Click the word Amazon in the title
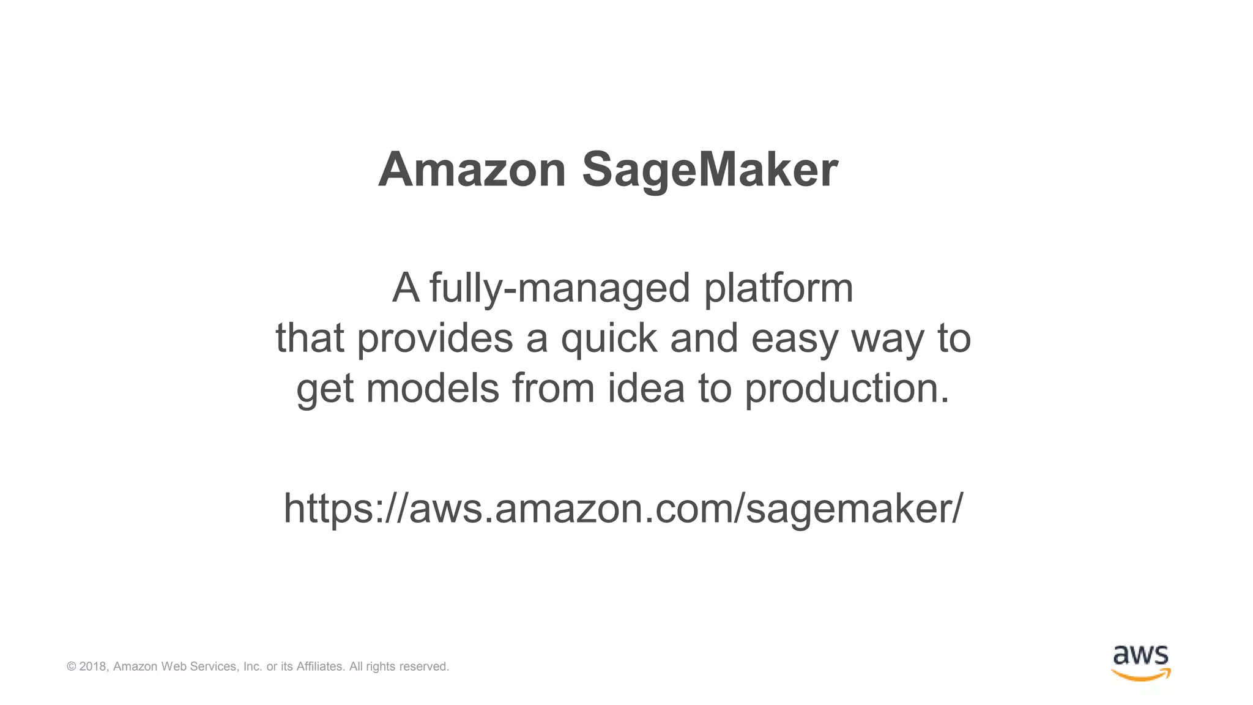click(472, 170)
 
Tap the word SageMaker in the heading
click(710, 171)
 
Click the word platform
click(778, 288)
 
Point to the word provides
click(434, 338)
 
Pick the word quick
click(609, 338)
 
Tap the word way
click(887, 340)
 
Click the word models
click(433, 389)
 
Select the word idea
click(645, 389)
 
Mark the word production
click(847, 390)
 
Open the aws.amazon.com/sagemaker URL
click(623, 509)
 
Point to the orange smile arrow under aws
click(1140, 675)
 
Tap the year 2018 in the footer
click(93, 666)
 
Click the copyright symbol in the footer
click(72, 666)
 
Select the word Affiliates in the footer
click(320, 666)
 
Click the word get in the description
click(324, 390)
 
